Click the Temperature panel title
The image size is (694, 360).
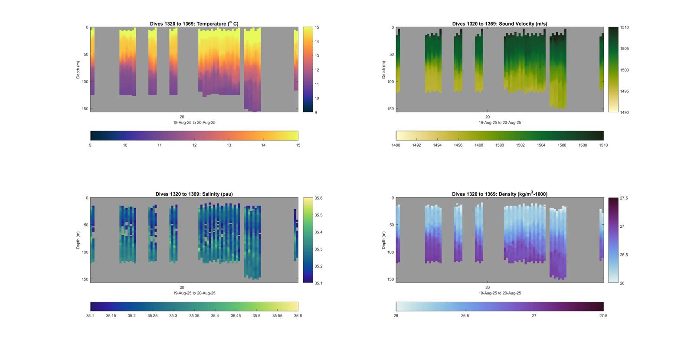tap(194, 24)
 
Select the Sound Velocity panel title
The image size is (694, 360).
tap(499, 24)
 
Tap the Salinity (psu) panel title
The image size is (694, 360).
tap(194, 194)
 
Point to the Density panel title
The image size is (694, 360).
tap(499, 194)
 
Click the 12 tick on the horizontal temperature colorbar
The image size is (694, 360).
tap(194, 145)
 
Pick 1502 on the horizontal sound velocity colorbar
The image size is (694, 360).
tap(520, 145)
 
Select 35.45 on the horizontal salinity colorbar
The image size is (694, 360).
tap(236, 316)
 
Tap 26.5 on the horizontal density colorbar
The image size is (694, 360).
tap(465, 316)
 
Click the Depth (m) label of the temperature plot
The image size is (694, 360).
tap(79, 69)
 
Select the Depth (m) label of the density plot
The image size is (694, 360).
tap(384, 240)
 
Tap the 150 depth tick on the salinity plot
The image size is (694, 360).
tap(85, 279)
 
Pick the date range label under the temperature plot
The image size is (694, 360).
tap(194, 123)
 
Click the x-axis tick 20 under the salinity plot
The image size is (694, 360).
tap(182, 288)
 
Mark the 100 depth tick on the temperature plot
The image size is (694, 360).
tap(85, 82)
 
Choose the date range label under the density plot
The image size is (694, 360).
tap(500, 293)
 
